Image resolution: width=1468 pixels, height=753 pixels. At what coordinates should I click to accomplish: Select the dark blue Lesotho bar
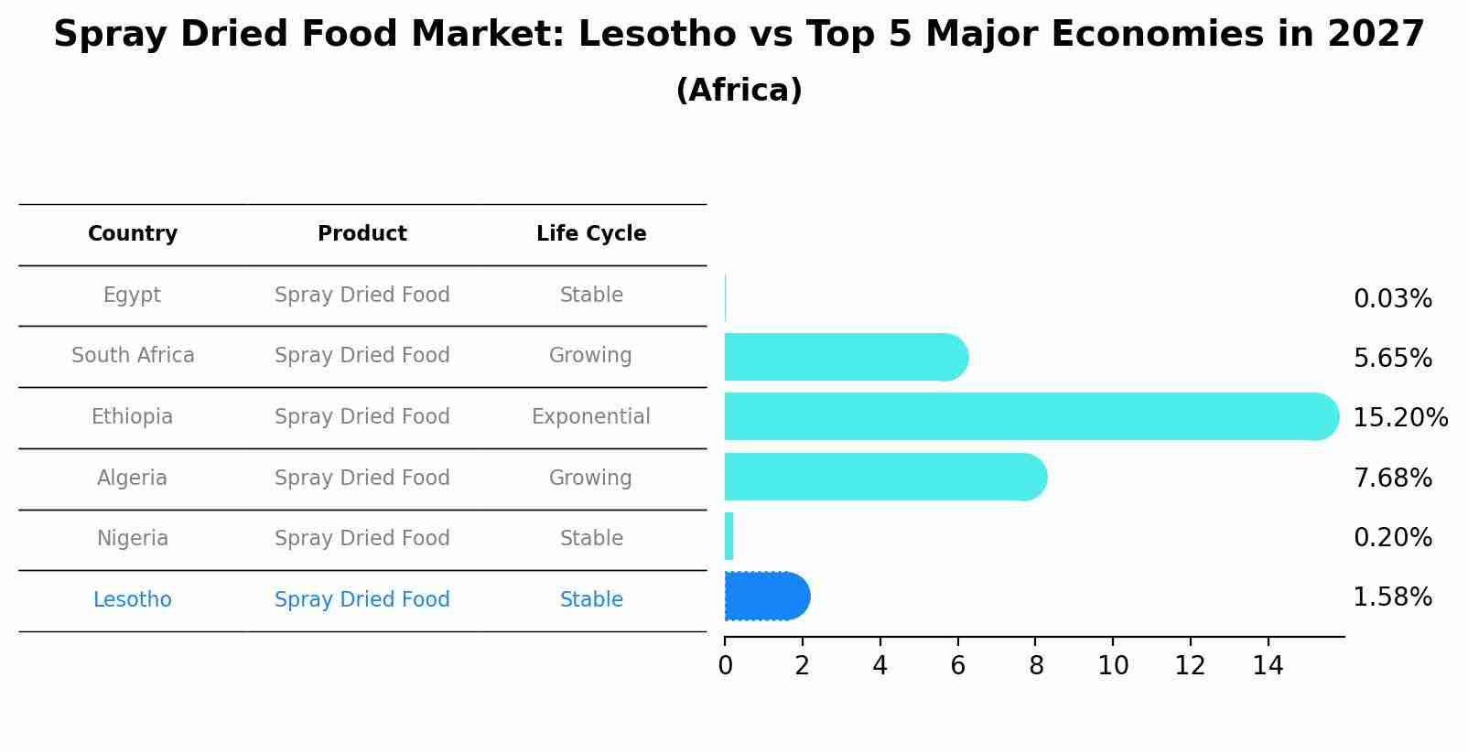(x=766, y=597)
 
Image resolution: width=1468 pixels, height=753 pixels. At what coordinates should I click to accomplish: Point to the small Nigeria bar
(x=729, y=536)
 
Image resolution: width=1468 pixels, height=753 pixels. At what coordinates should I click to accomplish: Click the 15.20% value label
(x=1399, y=418)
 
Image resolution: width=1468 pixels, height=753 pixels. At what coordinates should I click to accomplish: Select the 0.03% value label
(x=1392, y=299)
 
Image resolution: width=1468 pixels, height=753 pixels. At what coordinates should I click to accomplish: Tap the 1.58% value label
(x=1392, y=597)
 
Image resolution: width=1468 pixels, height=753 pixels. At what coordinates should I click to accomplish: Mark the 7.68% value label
(x=1392, y=478)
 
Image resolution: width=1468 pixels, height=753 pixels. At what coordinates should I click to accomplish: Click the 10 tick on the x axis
(x=1113, y=666)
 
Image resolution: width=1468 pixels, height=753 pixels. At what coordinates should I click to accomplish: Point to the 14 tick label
(x=1268, y=666)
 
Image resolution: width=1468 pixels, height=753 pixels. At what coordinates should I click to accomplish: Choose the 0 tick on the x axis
(x=725, y=666)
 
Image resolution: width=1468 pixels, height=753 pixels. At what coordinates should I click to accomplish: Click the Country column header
(x=133, y=234)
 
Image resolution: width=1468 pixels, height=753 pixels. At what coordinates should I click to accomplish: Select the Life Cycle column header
(x=591, y=234)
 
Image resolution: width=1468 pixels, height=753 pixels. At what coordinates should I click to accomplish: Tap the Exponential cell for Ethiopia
(x=591, y=417)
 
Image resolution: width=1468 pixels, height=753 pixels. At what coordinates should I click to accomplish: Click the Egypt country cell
(x=132, y=296)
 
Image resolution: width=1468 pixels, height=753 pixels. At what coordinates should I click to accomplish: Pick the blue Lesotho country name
(x=132, y=600)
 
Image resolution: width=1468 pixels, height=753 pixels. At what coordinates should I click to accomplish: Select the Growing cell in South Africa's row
(x=590, y=356)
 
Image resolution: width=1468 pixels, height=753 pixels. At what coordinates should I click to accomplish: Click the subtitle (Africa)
(x=739, y=91)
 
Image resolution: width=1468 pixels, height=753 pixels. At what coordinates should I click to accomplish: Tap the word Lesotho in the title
(x=657, y=35)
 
